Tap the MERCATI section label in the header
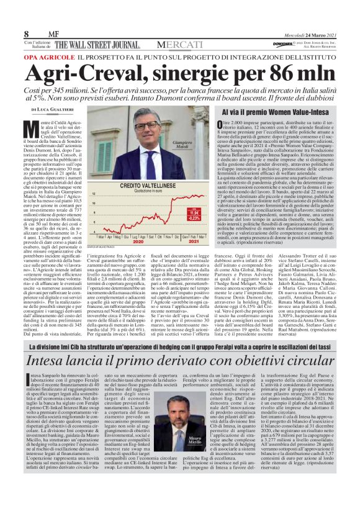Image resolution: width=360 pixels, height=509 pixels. (178, 45)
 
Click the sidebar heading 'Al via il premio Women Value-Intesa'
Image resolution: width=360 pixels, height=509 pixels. (284, 109)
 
